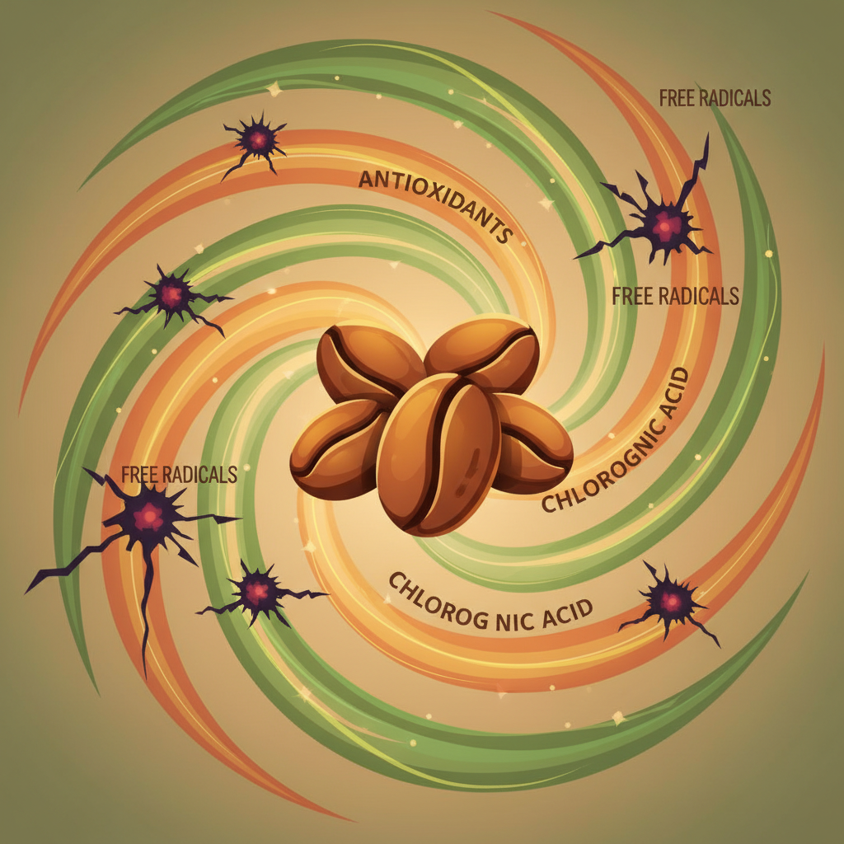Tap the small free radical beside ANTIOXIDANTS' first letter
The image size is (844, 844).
tap(256, 140)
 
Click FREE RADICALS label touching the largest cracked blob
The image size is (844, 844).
tap(179, 475)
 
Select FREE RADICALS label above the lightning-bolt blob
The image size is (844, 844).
tap(715, 99)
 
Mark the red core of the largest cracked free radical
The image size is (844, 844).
tap(148, 517)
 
